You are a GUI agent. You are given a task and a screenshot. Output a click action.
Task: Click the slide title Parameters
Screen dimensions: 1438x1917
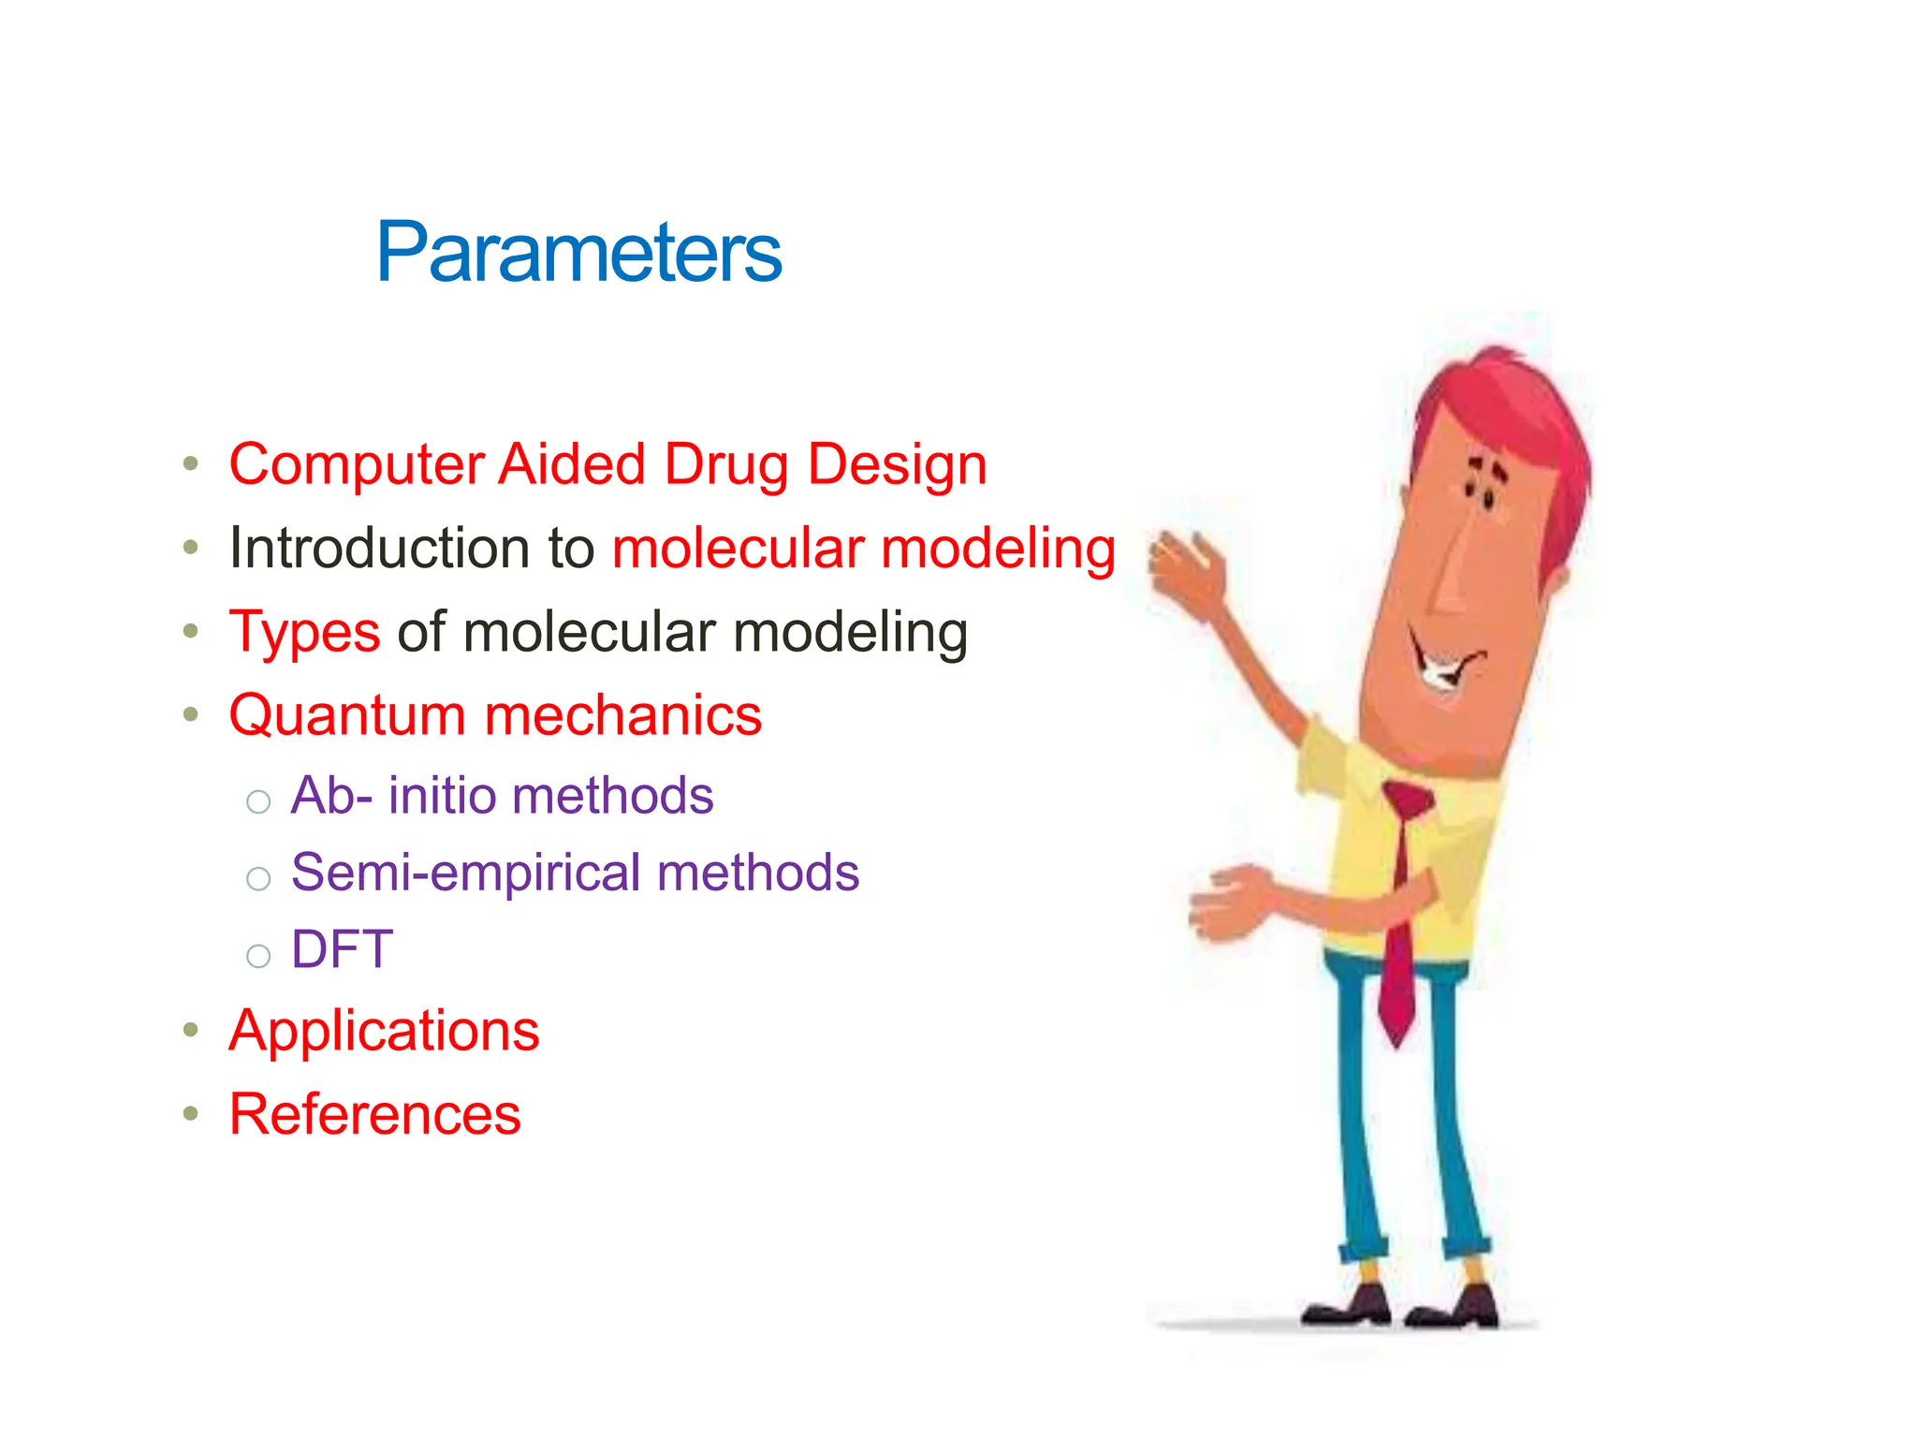pos(578,253)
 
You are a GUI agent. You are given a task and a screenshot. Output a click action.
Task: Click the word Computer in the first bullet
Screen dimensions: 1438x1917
pos(356,465)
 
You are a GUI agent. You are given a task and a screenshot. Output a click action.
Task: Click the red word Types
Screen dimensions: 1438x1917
pos(304,633)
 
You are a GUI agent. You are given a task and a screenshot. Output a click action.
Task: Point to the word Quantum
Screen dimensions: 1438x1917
pos(347,716)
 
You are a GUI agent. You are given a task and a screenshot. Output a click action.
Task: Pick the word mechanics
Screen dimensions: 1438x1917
pos(623,716)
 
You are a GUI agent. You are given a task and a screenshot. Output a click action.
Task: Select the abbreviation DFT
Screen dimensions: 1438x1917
pos(342,949)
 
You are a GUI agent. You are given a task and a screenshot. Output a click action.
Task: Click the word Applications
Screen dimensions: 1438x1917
pos(384,1032)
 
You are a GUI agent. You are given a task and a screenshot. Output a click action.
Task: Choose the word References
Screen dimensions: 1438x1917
pos(374,1115)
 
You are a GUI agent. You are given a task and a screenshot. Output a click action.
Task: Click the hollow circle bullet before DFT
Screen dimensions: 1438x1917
pos(258,956)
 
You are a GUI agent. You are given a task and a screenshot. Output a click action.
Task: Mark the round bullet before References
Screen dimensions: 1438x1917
pos(191,1114)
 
